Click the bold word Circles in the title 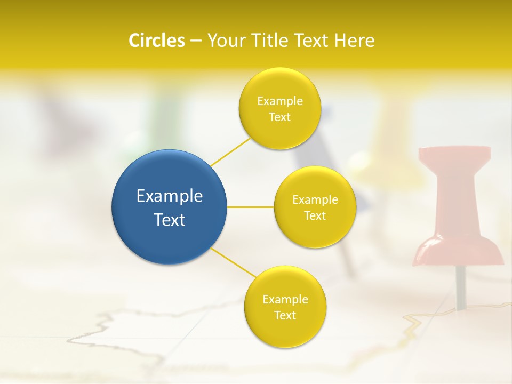click(x=157, y=41)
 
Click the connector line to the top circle click(x=230, y=150)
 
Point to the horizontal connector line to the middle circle click(x=251, y=207)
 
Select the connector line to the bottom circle click(x=234, y=262)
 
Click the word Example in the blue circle click(x=170, y=196)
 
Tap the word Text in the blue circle click(x=170, y=220)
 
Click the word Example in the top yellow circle click(x=280, y=101)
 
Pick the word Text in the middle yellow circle click(x=315, y=215)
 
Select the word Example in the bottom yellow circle click(x=285, y=299)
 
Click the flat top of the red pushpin click(x=454, y=153)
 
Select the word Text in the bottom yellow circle click(x=285, y=315)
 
